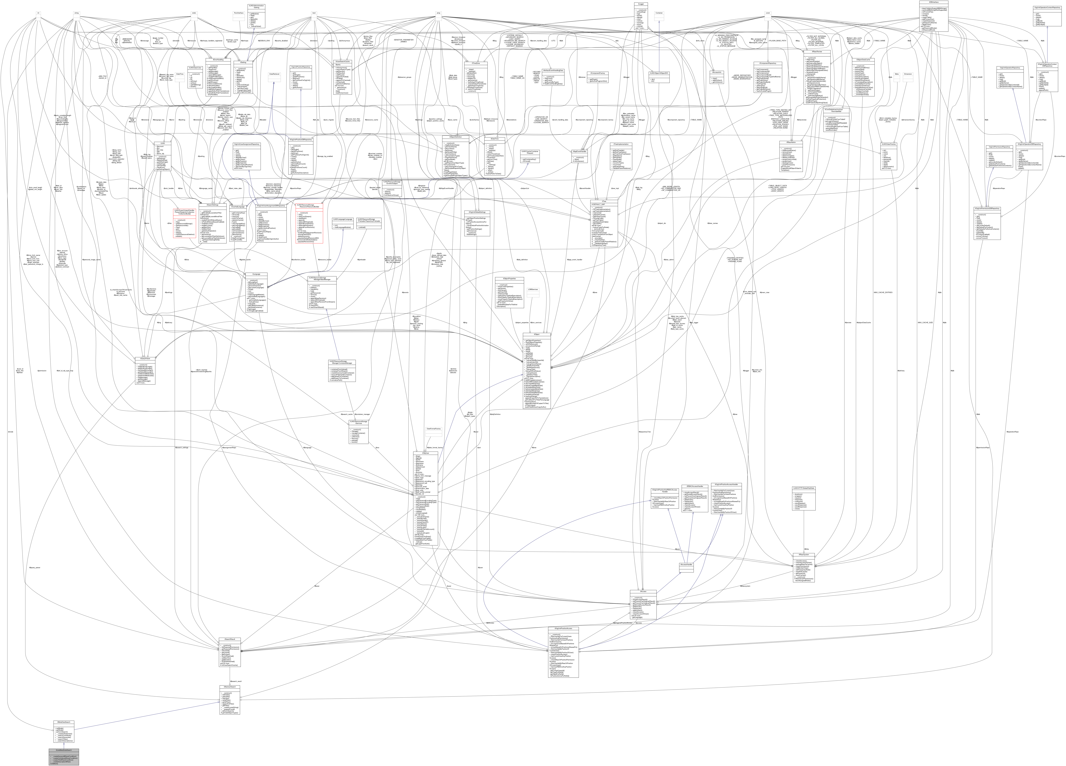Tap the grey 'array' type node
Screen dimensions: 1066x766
tap(438, 13)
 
